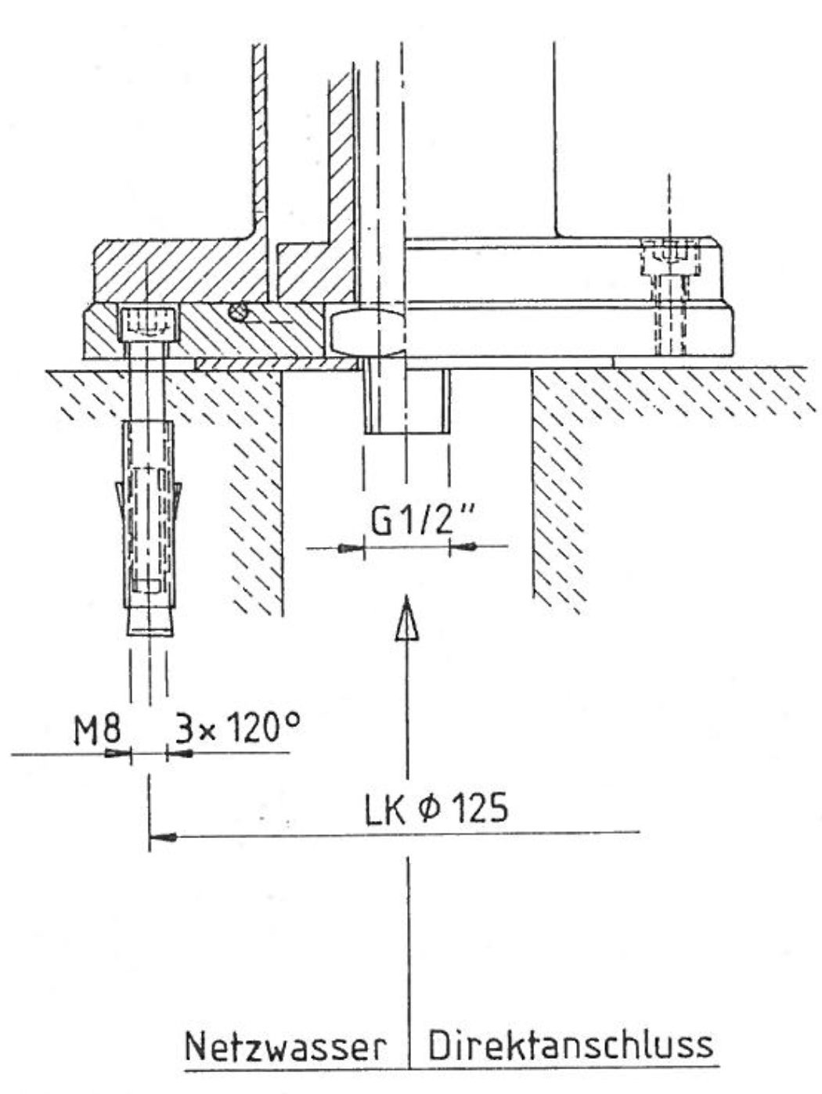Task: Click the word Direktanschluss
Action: pyautogui.click(x=571, y=1045)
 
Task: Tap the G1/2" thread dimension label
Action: pyautogui.click(x=422, y=520)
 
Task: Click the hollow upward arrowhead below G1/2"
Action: pyautogui.click(x=407, y=618)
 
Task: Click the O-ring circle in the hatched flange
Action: pyautogui.click(x=238, y=312)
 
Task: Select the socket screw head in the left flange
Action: pyautogui.click(x=148, y=325)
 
